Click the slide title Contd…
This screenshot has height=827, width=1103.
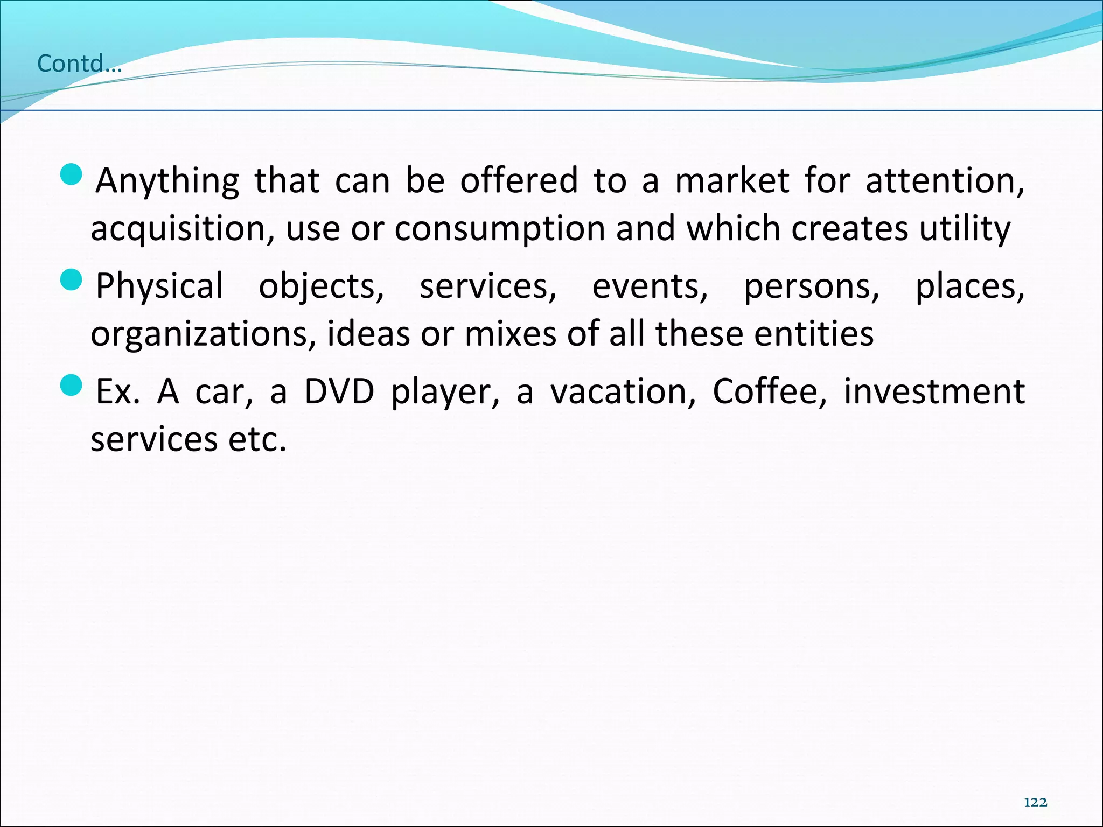[79, 64]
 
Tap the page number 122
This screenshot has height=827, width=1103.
[1035, 803]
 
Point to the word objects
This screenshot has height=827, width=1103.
[322, 286]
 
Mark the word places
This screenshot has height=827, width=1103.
[970, 286]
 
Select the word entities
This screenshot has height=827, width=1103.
[814, 333]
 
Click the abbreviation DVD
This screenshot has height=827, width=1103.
[339, 391]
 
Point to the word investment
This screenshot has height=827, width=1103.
[934, 391]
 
